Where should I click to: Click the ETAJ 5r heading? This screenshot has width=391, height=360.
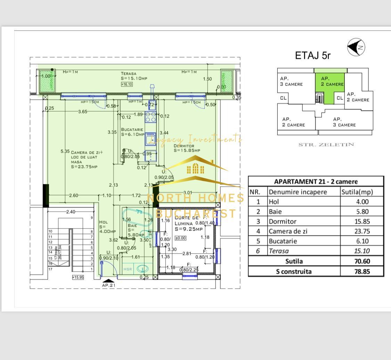click(312, 56)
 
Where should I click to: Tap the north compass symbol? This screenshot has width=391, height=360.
click(356, 47)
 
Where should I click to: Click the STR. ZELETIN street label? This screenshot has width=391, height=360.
click(326, 145)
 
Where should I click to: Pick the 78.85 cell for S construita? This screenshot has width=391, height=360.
click(362, 272)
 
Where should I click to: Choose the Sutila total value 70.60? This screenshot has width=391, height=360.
click(362, 261)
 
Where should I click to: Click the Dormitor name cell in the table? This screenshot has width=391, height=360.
click(282, 221)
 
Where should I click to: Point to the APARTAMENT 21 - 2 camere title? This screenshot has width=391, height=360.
click(316, 182)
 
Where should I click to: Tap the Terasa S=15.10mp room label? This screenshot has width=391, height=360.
click(134, 76)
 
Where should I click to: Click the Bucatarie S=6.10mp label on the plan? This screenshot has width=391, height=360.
click(132, 132)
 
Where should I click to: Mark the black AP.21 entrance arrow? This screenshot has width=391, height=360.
click(108, 281)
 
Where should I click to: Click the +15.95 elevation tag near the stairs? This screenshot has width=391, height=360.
click(78, 277)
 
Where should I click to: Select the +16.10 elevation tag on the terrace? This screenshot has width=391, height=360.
click(127, 84)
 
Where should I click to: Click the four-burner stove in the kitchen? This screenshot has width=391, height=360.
click(150, 117)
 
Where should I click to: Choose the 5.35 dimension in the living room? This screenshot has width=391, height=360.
click(65, 151)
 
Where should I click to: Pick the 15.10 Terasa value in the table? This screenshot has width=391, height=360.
click(362, 251)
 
